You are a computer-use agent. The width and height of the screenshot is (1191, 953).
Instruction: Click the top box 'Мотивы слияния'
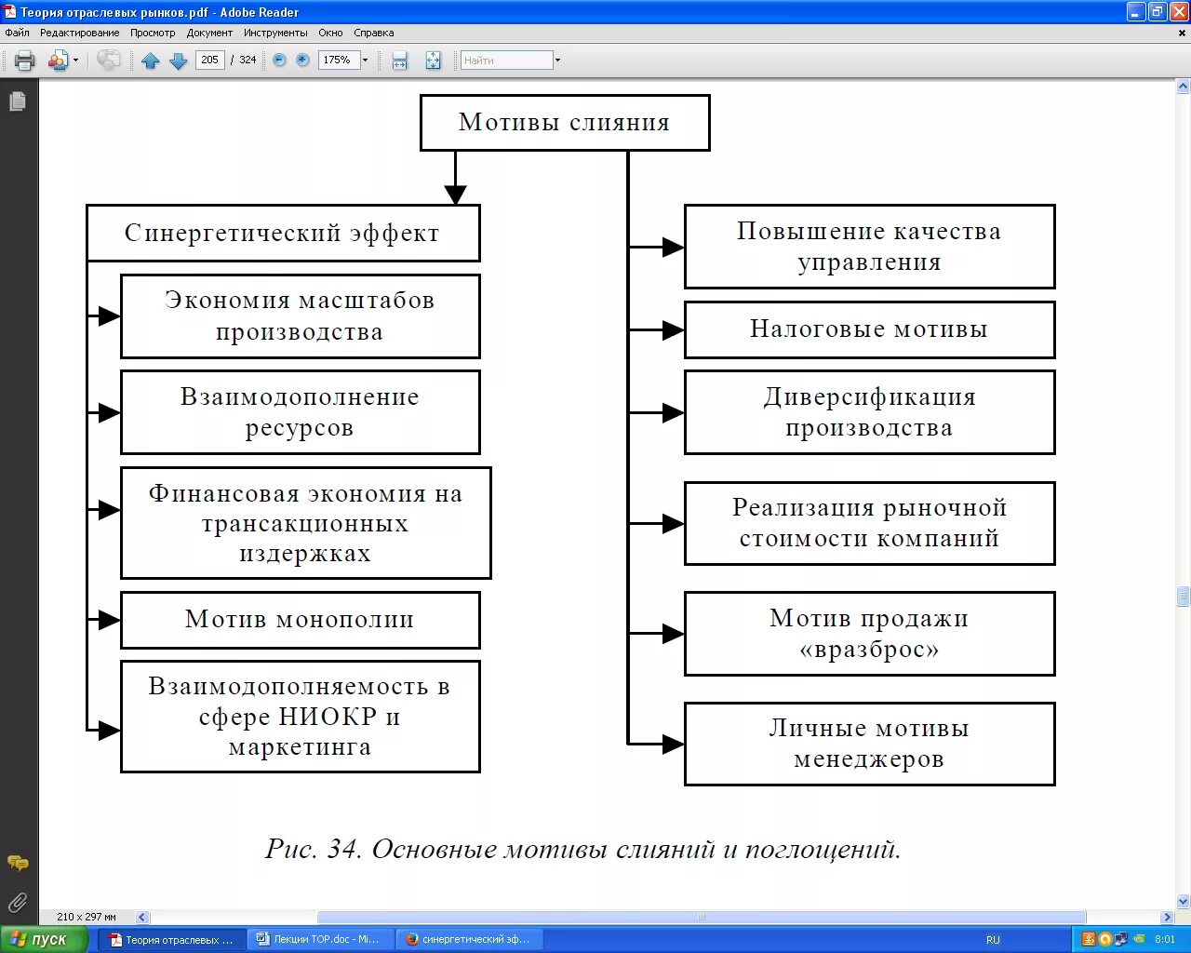click(x=564, y=122)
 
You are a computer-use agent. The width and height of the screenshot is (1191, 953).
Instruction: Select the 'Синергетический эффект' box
click(x=282, y=233)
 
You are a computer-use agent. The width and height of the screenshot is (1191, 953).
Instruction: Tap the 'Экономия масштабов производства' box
click(x=300, y=315)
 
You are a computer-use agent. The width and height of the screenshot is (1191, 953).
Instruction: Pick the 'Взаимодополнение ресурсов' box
click(x=300, y=412)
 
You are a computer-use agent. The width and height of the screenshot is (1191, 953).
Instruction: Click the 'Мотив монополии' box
click(x=300, y=620)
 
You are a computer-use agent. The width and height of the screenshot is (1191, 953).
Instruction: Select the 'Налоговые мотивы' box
click(x=869, y=329)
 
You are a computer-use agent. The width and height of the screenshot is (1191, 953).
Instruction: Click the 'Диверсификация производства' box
click(x=869, y=412)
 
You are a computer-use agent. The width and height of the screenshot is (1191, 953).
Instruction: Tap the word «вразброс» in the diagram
click(x=869, y=650)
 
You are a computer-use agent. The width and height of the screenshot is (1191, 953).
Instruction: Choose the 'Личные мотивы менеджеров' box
click(x=869, y=744)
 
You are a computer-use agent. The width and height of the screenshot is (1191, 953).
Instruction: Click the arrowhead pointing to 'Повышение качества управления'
click(x=673, y=247)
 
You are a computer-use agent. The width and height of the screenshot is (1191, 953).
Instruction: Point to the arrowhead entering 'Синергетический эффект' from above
click(x=455, y=195)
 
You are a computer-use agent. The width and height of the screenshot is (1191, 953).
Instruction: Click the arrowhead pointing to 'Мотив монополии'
click(x=109, y=620)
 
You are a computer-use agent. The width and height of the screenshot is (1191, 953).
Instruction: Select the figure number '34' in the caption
click(x=343, y=849)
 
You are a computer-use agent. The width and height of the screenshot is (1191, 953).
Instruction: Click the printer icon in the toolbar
click(x=25, y=60)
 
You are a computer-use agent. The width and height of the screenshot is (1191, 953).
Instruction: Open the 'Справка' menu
click(x=374, y=33)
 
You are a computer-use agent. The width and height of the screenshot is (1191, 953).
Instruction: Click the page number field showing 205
click(x=210, y=60)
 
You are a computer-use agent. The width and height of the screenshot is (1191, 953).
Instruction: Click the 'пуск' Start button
click(x=44, y=939)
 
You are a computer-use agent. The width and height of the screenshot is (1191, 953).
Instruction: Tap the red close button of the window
click(x=1178, y=12)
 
